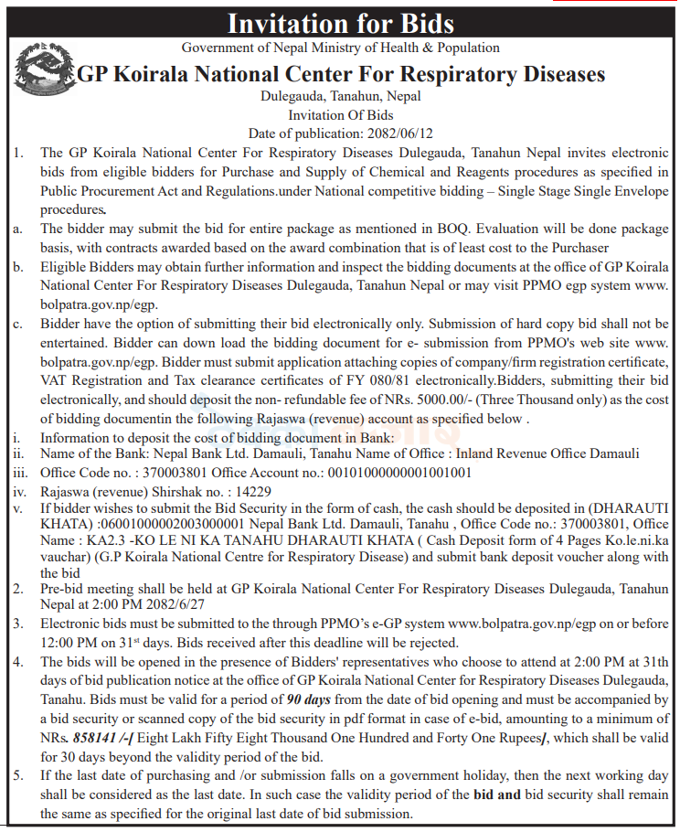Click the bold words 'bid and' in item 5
pyautogui.click(x=497, y=795)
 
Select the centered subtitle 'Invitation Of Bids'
pyautogui.click(x=340, y=115)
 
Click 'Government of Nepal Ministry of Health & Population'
pyautogui.click(x=340, y=47)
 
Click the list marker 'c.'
pyautogui.click(x=17, y=324)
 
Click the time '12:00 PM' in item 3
pyautogui.click(x=68, y=642)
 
